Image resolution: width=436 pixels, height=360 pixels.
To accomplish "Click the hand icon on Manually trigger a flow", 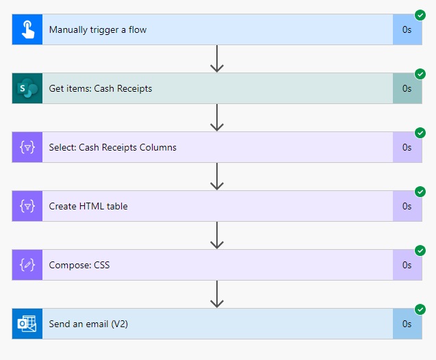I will click(27, 29).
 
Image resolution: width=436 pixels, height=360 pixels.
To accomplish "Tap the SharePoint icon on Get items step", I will click(27, 88).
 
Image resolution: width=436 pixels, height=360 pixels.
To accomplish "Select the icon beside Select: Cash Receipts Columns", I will click(27, 147).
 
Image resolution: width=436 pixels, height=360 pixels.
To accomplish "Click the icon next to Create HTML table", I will click(27, 206).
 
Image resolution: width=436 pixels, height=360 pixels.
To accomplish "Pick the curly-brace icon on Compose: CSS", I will click(27, 265).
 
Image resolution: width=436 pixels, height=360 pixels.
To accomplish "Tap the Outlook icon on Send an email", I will click(27, 324).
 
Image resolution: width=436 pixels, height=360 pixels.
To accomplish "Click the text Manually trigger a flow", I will click(98, 29).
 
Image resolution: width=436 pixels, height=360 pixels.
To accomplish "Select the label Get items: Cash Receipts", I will click(101, 88).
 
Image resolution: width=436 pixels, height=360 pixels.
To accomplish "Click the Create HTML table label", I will click(88, 206).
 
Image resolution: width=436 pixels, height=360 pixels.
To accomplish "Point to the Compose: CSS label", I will click(79, 265).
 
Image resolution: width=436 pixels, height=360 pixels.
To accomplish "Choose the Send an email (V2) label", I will click(88, 324).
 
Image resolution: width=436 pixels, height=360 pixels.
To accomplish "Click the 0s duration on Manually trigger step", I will click(407, 29).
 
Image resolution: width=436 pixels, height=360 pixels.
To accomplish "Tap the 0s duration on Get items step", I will click(407, 88).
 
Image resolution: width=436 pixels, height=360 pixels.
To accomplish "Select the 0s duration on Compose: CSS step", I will click(407, 265).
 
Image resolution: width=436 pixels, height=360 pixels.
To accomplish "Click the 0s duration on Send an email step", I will click(407, 324).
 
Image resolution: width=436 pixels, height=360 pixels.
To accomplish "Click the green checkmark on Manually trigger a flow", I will click(420, 15).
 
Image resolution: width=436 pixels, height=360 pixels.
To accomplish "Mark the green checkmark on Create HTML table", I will click(420, 192).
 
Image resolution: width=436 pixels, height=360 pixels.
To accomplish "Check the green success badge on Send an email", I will click(420, 309).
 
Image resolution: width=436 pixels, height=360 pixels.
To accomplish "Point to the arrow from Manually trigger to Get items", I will click(217, 59).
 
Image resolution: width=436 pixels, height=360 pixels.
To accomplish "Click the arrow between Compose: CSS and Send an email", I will click(217, 294).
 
